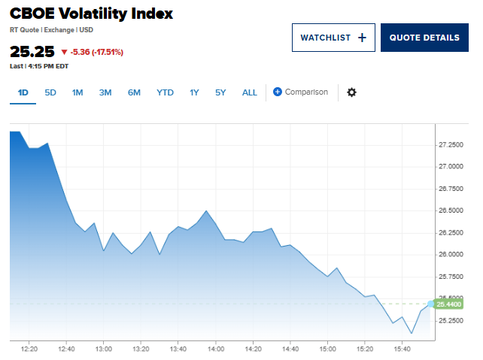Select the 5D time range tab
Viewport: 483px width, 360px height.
coord(50,92)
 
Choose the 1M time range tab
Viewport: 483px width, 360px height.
coord(77,92)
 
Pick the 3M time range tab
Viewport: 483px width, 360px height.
coord(105,92)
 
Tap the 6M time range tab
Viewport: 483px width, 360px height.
coord(134,92)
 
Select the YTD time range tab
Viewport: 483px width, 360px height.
coord(165,92)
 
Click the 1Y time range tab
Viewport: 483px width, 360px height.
coord(194,92)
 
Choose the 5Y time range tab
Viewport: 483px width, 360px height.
coord(220,92)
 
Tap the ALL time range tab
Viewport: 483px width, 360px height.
coord(249,92)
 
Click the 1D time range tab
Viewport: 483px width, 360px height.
coord(23,92)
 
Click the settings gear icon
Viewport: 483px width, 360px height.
coord(351,92)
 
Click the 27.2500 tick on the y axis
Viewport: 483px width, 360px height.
coord(454,144)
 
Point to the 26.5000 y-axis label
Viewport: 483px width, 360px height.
coord(454,210)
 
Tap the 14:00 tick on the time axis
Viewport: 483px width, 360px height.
coord(215,349)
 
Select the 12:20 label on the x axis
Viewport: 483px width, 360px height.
coord(29,349)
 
